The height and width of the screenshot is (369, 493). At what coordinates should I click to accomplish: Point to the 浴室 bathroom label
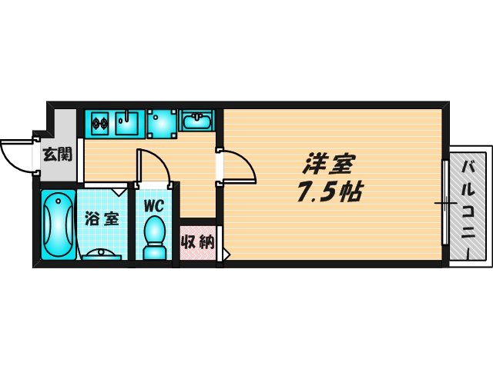(x=102, y=218)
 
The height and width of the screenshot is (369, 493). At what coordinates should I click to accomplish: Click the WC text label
(x=155, y=205)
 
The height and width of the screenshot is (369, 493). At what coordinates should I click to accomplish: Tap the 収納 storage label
(x=196, y=244)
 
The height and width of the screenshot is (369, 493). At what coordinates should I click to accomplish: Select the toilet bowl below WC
(x=155, y=234)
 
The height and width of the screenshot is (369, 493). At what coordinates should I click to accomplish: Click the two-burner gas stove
(x=101, y=121)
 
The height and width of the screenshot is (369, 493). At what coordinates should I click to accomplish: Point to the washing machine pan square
(x=162, y=123)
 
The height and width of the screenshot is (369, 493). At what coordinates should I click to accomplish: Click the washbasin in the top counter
(x=198, y=121)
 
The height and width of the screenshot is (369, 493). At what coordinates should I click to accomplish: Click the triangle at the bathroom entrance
(x=119, y=189)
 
